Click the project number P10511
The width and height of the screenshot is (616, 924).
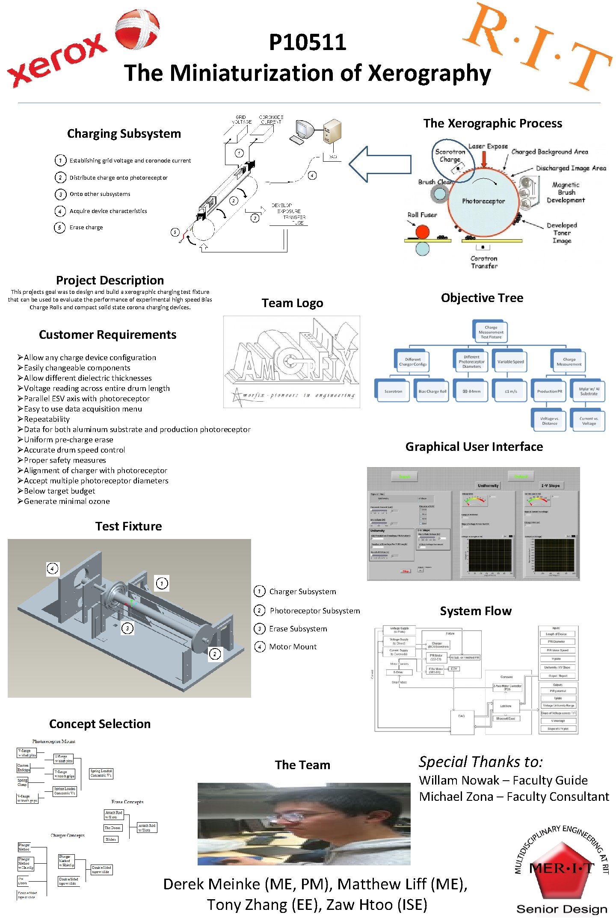[x=308, y=42]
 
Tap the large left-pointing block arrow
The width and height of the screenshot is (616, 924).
[x=379, y=164]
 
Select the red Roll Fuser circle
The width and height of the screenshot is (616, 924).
[x=422, y=232]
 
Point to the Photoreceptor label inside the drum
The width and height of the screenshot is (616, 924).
[x=483, y=201]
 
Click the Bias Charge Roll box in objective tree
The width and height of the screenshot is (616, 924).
[x=432, y=391]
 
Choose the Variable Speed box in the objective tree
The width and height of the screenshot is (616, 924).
[x=510, y=361]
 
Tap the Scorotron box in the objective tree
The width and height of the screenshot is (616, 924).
[x=393, y=391]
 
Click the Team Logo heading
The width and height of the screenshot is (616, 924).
[x=292, y=303]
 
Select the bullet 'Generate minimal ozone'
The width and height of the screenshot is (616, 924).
[x=67, y=501]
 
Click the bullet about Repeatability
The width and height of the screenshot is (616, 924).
[x=47, y=419]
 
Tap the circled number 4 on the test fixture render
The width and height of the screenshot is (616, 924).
[x=52, y=569]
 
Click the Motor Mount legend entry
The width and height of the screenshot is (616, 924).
[x=293, y=647]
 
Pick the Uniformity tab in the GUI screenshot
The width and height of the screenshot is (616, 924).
[x=488, y=486]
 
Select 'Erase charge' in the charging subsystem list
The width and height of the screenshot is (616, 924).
[x=86, y=227]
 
